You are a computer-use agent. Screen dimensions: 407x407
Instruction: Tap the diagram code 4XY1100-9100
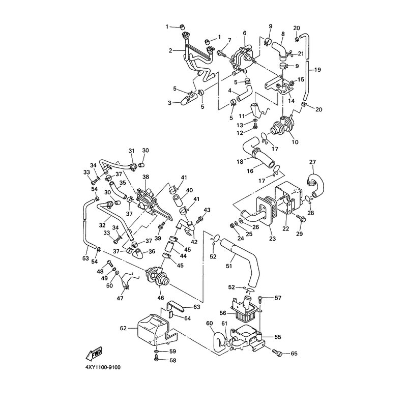pos(106,366)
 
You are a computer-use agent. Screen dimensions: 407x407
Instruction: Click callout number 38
pos(146,177)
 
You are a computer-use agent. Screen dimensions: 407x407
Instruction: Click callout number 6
pos(244,33)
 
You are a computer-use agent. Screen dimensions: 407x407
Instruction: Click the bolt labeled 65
pos(278,352)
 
